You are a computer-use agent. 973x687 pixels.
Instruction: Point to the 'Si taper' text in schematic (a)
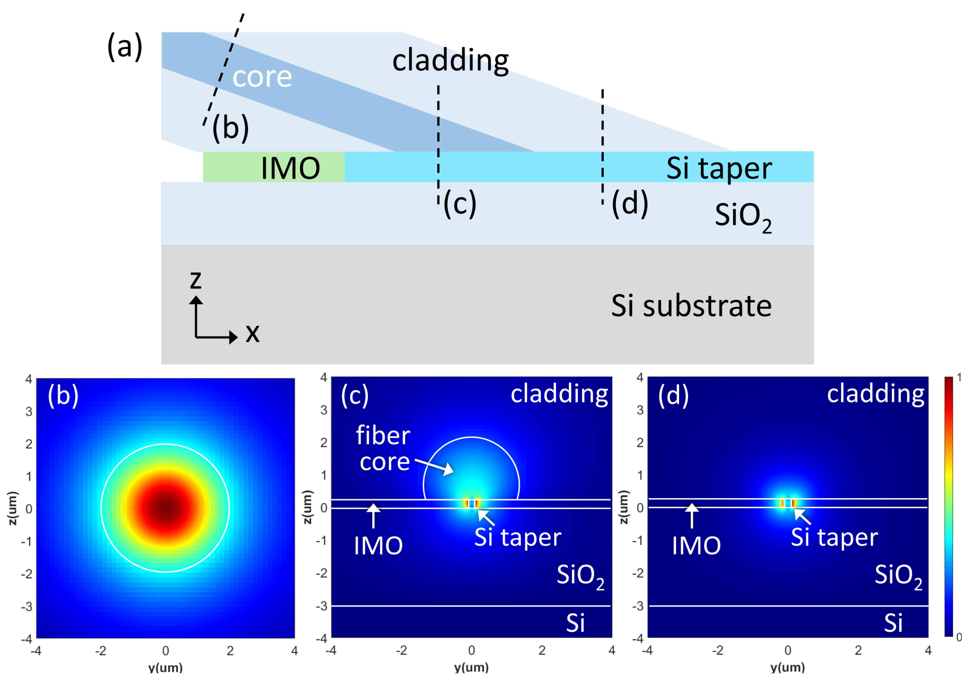pos(719,168)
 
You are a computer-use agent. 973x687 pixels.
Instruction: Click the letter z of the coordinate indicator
pos(195,280)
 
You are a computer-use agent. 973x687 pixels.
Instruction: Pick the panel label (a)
pos(125,47)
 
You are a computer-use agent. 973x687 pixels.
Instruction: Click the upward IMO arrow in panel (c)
pos(373,515)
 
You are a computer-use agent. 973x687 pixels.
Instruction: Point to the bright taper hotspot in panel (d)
pos(787,503)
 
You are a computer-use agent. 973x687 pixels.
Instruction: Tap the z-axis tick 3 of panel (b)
pos(29,411)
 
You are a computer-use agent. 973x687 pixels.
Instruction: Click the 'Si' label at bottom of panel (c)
pos(575,623)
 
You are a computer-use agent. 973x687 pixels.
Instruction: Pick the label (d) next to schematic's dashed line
pos(630,204)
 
